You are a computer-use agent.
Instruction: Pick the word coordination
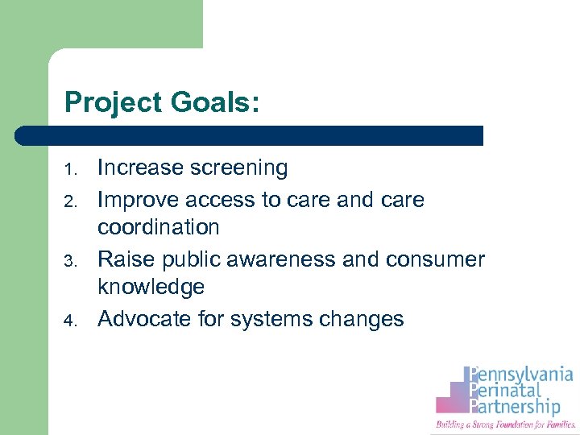pyautogui.click(x=159, y=228)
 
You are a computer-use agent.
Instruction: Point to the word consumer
pyautogui.click(x=436, y=259)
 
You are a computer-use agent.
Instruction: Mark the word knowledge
pyautogui.click(x=151, y=288)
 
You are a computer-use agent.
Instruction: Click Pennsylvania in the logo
pyautogui.click(x=524, y=375)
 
